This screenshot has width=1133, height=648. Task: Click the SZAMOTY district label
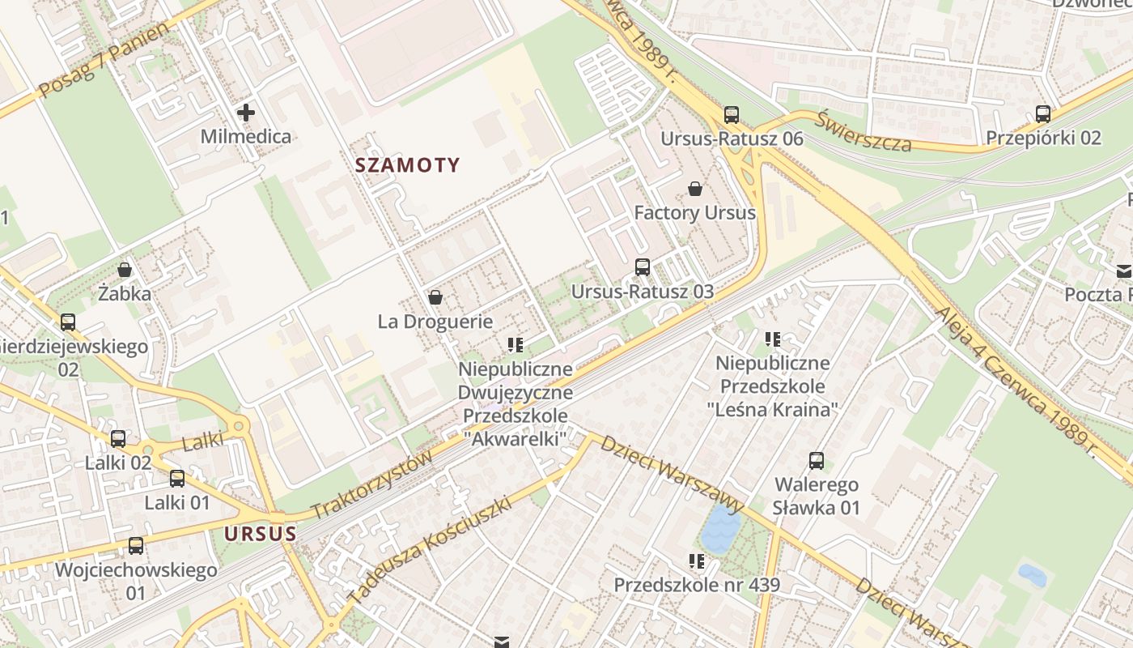pos(407,166)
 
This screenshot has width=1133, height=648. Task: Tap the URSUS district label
pos(260,534)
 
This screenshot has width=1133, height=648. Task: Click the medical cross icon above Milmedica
pos(246,113)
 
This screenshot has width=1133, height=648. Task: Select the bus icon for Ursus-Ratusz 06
pos(732,114)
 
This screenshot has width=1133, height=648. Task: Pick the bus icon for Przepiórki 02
pos(1043,114)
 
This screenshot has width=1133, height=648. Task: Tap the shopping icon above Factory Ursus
pos(694,189)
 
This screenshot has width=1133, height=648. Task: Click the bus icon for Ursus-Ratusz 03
pos(643,266)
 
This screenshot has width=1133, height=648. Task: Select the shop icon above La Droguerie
pos(435,297)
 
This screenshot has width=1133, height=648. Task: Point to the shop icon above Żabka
pos(125,269)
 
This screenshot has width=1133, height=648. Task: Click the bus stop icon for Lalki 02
pos(118,439)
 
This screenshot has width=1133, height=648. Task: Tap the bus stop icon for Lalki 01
pos(177,479)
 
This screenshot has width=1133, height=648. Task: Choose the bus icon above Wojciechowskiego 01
pos(136,546)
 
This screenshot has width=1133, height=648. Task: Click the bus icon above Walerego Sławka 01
pos(817,461)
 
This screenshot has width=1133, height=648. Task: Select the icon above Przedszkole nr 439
pos(696,561)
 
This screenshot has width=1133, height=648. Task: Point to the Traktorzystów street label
pos(372,485)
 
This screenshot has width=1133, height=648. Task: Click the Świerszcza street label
pos(863,132)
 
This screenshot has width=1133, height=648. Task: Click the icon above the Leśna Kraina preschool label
pos(773,339)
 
